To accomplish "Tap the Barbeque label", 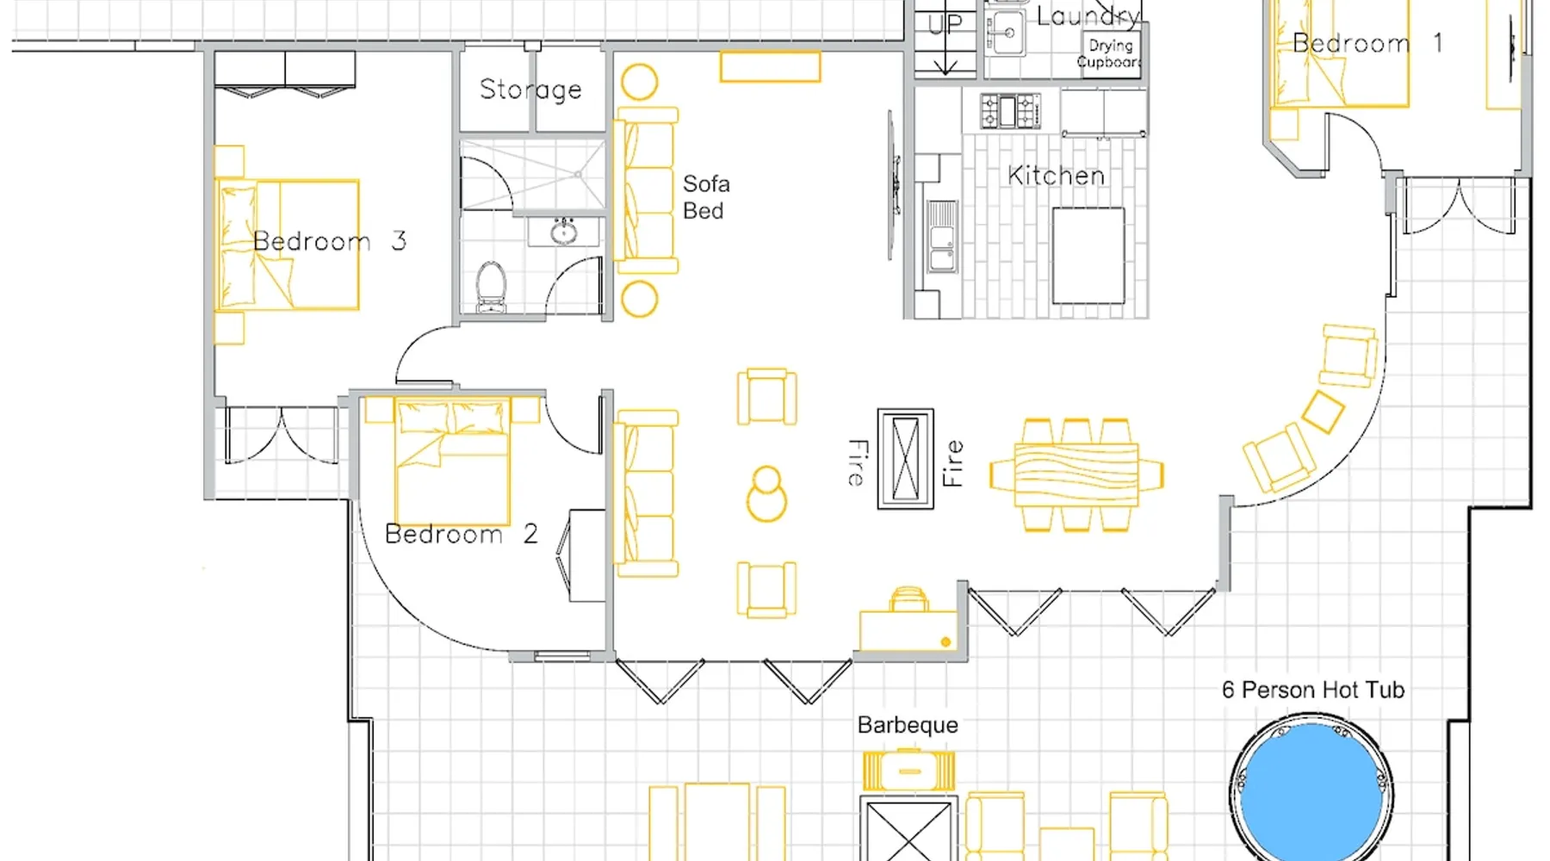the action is pyautogui.click(x=908, y=725).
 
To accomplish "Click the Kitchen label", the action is pyautogui.click(x=1056, y=176).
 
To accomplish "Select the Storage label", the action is pyautogui.click(x=530, y=90).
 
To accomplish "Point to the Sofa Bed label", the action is pyautogui.click(x=706, y=197).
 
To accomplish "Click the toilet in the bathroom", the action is pyautogui.click(x=492, y=287).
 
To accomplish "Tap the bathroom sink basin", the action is pyautogui.click(x=563, y=232).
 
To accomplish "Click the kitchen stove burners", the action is pyautogui.click(x=1010, y=111).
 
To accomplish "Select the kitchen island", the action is pyautogui.click(x=1088, y=255).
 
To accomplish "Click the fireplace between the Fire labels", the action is pyautogui.click(x=905, y=459).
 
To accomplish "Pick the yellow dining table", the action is pyautogui.click(x=1076, y=474).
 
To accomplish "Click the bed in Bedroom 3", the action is pyautogui.click(x=287, y=245).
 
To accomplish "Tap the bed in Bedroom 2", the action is pyautogui.click(x=452, y=461).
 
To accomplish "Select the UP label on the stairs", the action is pyautogui.click(x=945, y=24).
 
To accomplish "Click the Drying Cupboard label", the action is pyautogui.click(x=1110, y=53).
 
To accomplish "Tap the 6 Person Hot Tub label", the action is pyautogui.click(x=1313, y=690).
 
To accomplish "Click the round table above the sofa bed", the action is pyautogui.click(x=640, y=83).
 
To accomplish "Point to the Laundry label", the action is pyautogui.click(x=1088, y=16).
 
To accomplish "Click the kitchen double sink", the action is pyautogui.click(x=942, y=237).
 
